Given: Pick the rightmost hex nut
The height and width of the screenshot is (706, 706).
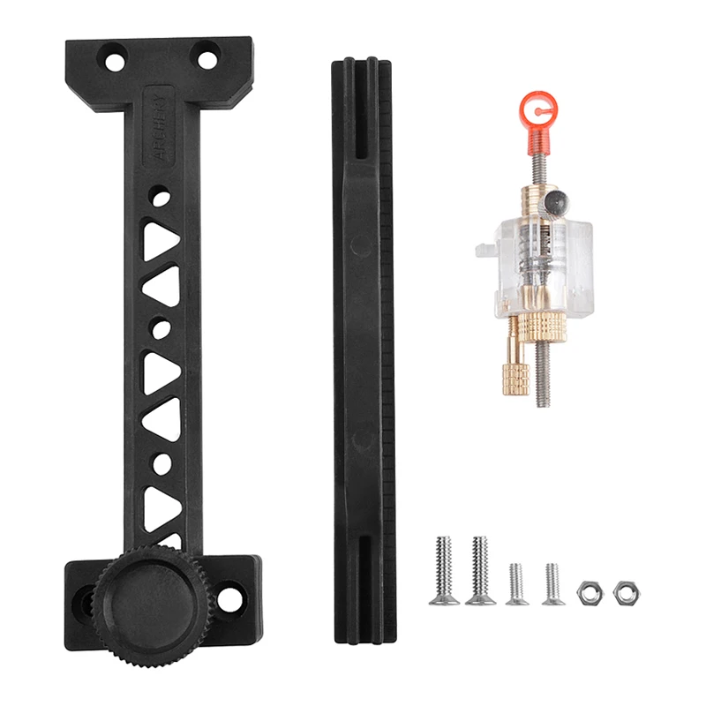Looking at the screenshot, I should (x=626, y=592).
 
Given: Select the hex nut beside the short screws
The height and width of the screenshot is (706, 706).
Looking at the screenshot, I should (x=589, y=593).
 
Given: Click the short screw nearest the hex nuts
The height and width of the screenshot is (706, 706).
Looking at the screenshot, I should (x=552, y=584).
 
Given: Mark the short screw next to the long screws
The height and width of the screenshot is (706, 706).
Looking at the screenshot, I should (x=516, y=584).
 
